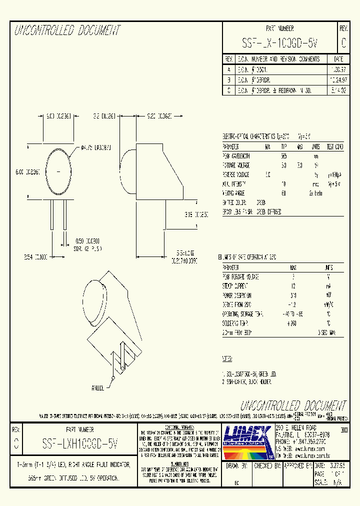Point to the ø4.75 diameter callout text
coord(96,148)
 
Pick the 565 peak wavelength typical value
coord(284,156)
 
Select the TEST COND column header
coord(335,147)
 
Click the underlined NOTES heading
coord(227,359)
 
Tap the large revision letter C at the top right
coord(343,43)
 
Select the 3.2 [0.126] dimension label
coord(104,115)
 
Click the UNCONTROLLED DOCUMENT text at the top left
coord(67,31)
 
